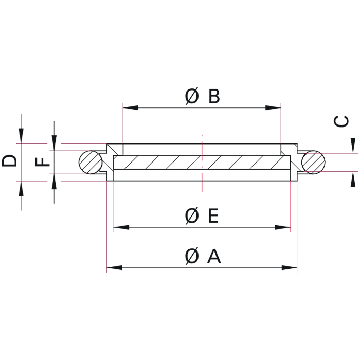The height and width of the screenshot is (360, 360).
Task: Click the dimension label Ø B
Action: tap(202, 96)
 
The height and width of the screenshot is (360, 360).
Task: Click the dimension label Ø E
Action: tap(202, 216)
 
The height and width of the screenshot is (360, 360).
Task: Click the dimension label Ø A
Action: tap(202, 256)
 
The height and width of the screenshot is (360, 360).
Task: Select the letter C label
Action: tap(342, 121)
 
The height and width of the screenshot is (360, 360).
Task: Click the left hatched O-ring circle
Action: tap(91, 162)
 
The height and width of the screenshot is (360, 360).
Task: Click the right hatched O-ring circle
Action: tap(313, 162)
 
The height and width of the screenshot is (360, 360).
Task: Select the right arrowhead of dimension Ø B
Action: tap(274, 108)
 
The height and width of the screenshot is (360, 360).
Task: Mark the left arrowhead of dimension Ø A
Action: tap(114, 267)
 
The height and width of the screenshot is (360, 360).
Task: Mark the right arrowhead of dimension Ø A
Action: tap(290, 267)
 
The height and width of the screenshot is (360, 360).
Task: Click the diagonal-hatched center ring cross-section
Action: tap(202, 163)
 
